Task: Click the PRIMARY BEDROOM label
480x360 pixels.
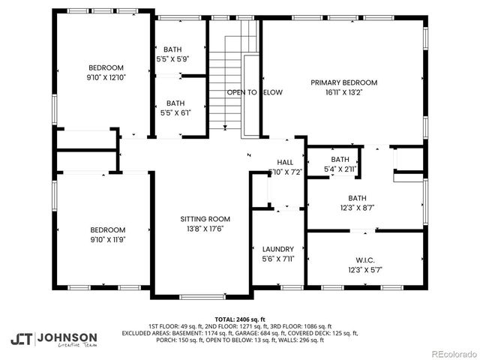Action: (x=344, y=82)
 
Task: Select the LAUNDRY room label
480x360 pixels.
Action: (x=277, y=249)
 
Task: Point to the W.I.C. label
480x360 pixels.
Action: (x=366, y=259)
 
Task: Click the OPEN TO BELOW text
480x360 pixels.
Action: (x=255, y=92)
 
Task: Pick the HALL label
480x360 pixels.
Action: (x=285, y=162)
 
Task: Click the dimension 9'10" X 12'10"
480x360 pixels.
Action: (x=106, y=77)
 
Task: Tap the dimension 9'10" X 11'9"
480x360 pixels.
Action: (x=108, y=240)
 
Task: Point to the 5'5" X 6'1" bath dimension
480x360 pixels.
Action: (x=175, y=113)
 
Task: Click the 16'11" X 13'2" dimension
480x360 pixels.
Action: (x=344, y=93)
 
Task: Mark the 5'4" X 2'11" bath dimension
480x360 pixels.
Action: (x=340, y=169)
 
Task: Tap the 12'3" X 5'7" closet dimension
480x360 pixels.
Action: (x=366, y=270)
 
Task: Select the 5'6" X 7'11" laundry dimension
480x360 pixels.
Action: (x=277, y=259)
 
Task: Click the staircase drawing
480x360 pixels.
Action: (x=224, y=82)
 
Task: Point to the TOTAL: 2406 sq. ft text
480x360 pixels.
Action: (x=240, y=319)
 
